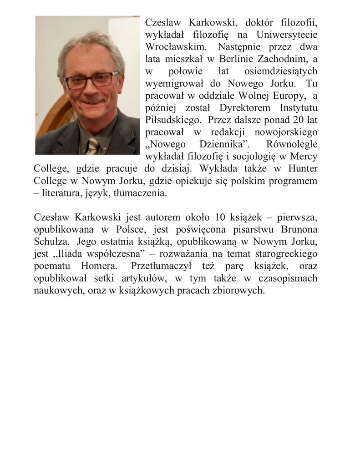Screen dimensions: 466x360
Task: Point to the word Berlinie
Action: (x=237, y=59)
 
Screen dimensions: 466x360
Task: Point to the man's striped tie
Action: (x=93, y=146)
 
